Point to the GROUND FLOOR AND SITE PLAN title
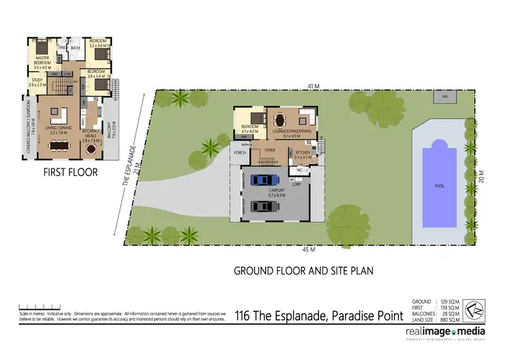pos(303,270)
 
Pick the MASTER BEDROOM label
pos(41,62)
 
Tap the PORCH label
pos(240,153)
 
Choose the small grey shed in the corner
pos(445,97)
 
